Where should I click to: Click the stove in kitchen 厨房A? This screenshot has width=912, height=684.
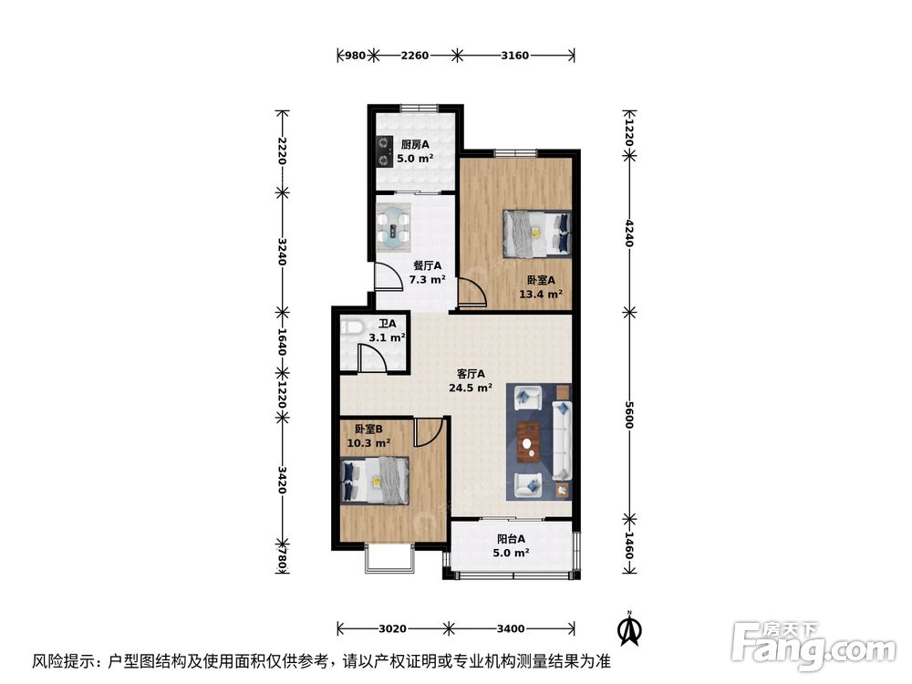point(385,151)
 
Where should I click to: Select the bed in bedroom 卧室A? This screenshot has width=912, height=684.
point(537,233)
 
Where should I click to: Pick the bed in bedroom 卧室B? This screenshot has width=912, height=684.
point(375,480)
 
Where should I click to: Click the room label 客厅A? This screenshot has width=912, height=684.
point(471,374)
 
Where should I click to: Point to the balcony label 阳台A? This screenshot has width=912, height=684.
point(511,539)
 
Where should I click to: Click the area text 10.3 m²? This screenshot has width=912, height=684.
point(368,443)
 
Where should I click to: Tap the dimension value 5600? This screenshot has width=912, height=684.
point(629,416)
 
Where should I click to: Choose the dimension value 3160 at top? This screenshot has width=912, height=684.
point(515,56)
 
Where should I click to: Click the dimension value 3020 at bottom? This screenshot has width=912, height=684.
point(392,628)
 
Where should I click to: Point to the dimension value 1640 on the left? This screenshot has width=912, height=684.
point(283,341)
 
